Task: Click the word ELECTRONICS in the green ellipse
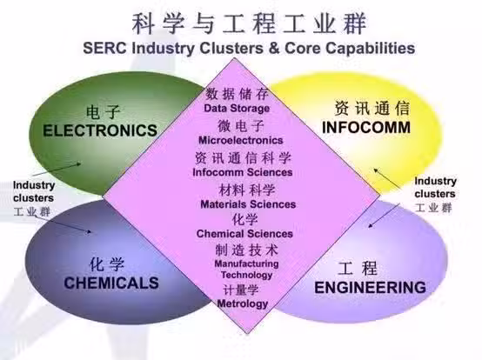click(100, 130)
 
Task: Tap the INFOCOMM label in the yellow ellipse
click(366, 128)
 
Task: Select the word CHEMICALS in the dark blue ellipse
click(111, 283)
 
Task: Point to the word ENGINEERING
click(370, 288)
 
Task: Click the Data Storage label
click(237, 108)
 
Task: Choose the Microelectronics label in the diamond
click(241, 140)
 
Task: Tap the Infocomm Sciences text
click(243, 172)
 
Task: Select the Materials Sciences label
click(248, 204)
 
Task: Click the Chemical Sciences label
click(244, 233)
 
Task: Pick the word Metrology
click(243, 303)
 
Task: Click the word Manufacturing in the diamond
click(246, 263)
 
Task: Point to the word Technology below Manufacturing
click(247, 275)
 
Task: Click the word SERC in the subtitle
click(104, 48)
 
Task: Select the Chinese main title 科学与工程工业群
click(250, 23)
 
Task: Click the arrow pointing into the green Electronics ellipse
click(57, 170)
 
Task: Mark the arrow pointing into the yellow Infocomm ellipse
click(388, 178)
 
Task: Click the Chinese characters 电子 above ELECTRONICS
click(103, 112)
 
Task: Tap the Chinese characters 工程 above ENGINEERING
click(358, 268)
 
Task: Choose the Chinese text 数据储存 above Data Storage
click(237, 94)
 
